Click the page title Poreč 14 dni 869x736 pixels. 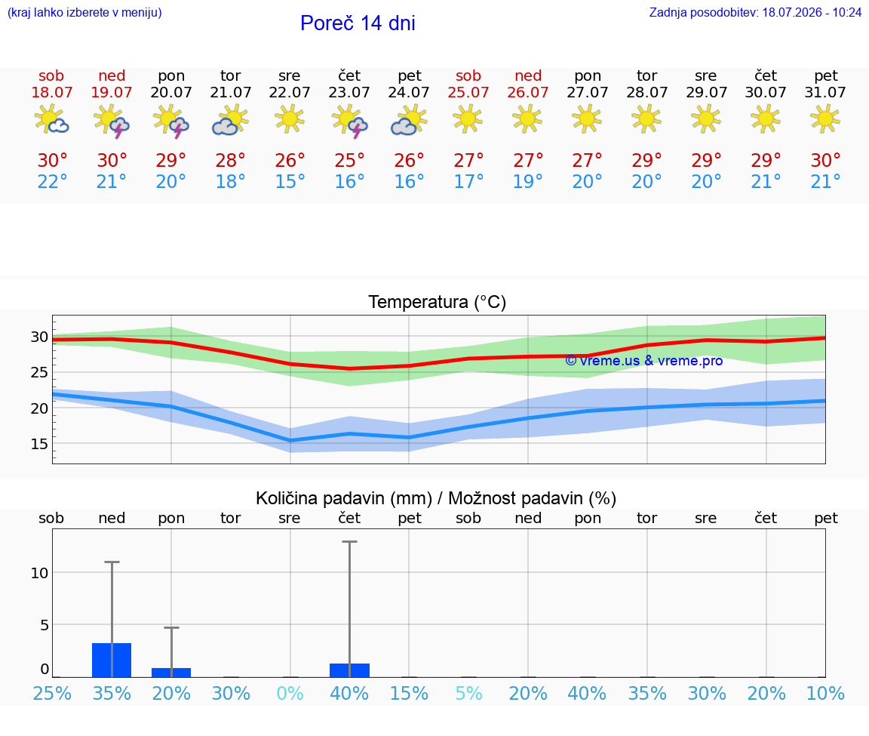(x=358, y=23)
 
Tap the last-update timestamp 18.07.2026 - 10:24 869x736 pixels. (x=812, y=12)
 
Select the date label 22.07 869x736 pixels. (x=290, y=92)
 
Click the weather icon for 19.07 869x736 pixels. (x=112, y=120)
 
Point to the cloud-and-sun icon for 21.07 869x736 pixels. (x=230, y=120)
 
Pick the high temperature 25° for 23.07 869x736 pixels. (x=349, y=160)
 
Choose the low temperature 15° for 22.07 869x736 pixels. (x=290, y=181)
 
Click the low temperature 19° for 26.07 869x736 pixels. (x=527, y=181)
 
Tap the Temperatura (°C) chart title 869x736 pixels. (x=438, y=302)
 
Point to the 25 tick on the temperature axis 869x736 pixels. (x=39, y=372)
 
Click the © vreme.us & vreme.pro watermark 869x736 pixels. (x=644, y=361)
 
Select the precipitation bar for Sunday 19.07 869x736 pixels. (x=112, y=660)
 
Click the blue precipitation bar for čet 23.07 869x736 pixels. (x=349, y=670)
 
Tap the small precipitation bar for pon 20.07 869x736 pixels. (x=171, y=673)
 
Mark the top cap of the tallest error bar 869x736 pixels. (x=349, y=541)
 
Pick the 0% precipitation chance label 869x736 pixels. (x=290, y=693)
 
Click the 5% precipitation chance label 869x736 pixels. (x=468, y=693)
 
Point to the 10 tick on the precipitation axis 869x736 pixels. (x=39, y=573)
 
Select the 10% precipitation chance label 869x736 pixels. (x=825, y=693)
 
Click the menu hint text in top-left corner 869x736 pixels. (x=84, y=12)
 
